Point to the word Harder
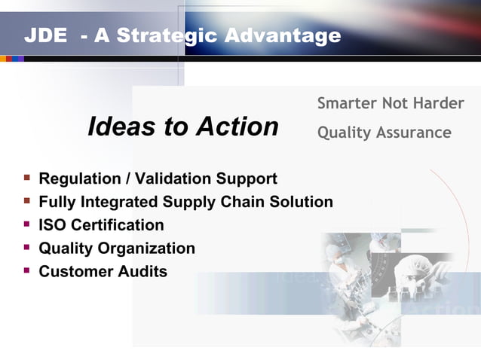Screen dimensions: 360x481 point(437,103)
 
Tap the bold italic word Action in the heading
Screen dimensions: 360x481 point(237,127)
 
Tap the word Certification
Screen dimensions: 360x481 point(117,225)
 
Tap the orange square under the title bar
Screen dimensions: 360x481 point(4,59)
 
